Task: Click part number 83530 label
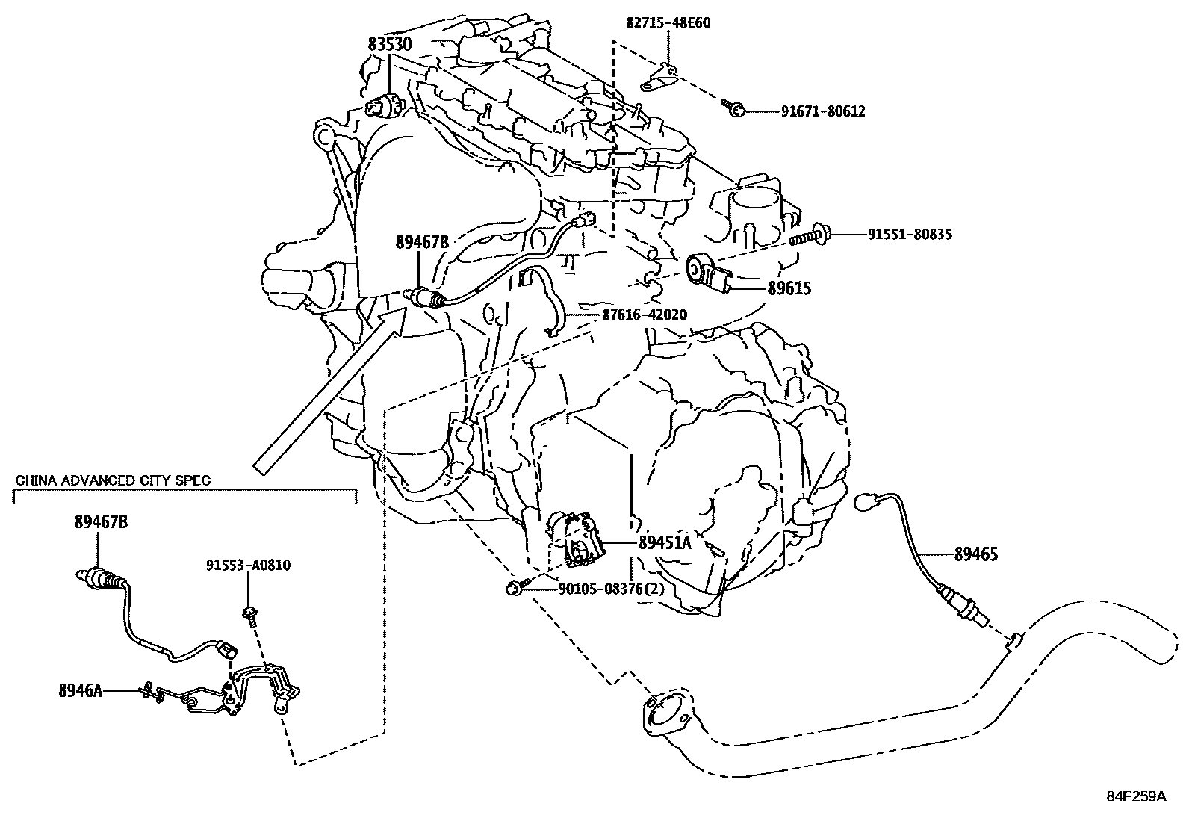click(x=389, y=45)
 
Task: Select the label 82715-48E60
click(x=668, y=23)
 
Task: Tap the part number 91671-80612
click(x=822, y=112)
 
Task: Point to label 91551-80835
click(x=910, y=235)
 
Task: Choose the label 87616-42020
click(x=644, y=315)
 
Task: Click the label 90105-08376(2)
click(x=611, y=589)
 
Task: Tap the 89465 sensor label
click(x=975, y=554)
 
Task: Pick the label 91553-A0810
click(x=249, y=566)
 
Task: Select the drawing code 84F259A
click(x=1136, y=796)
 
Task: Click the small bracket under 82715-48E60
click(x=658, y=78)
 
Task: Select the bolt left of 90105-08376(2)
click(x=515, y=587)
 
